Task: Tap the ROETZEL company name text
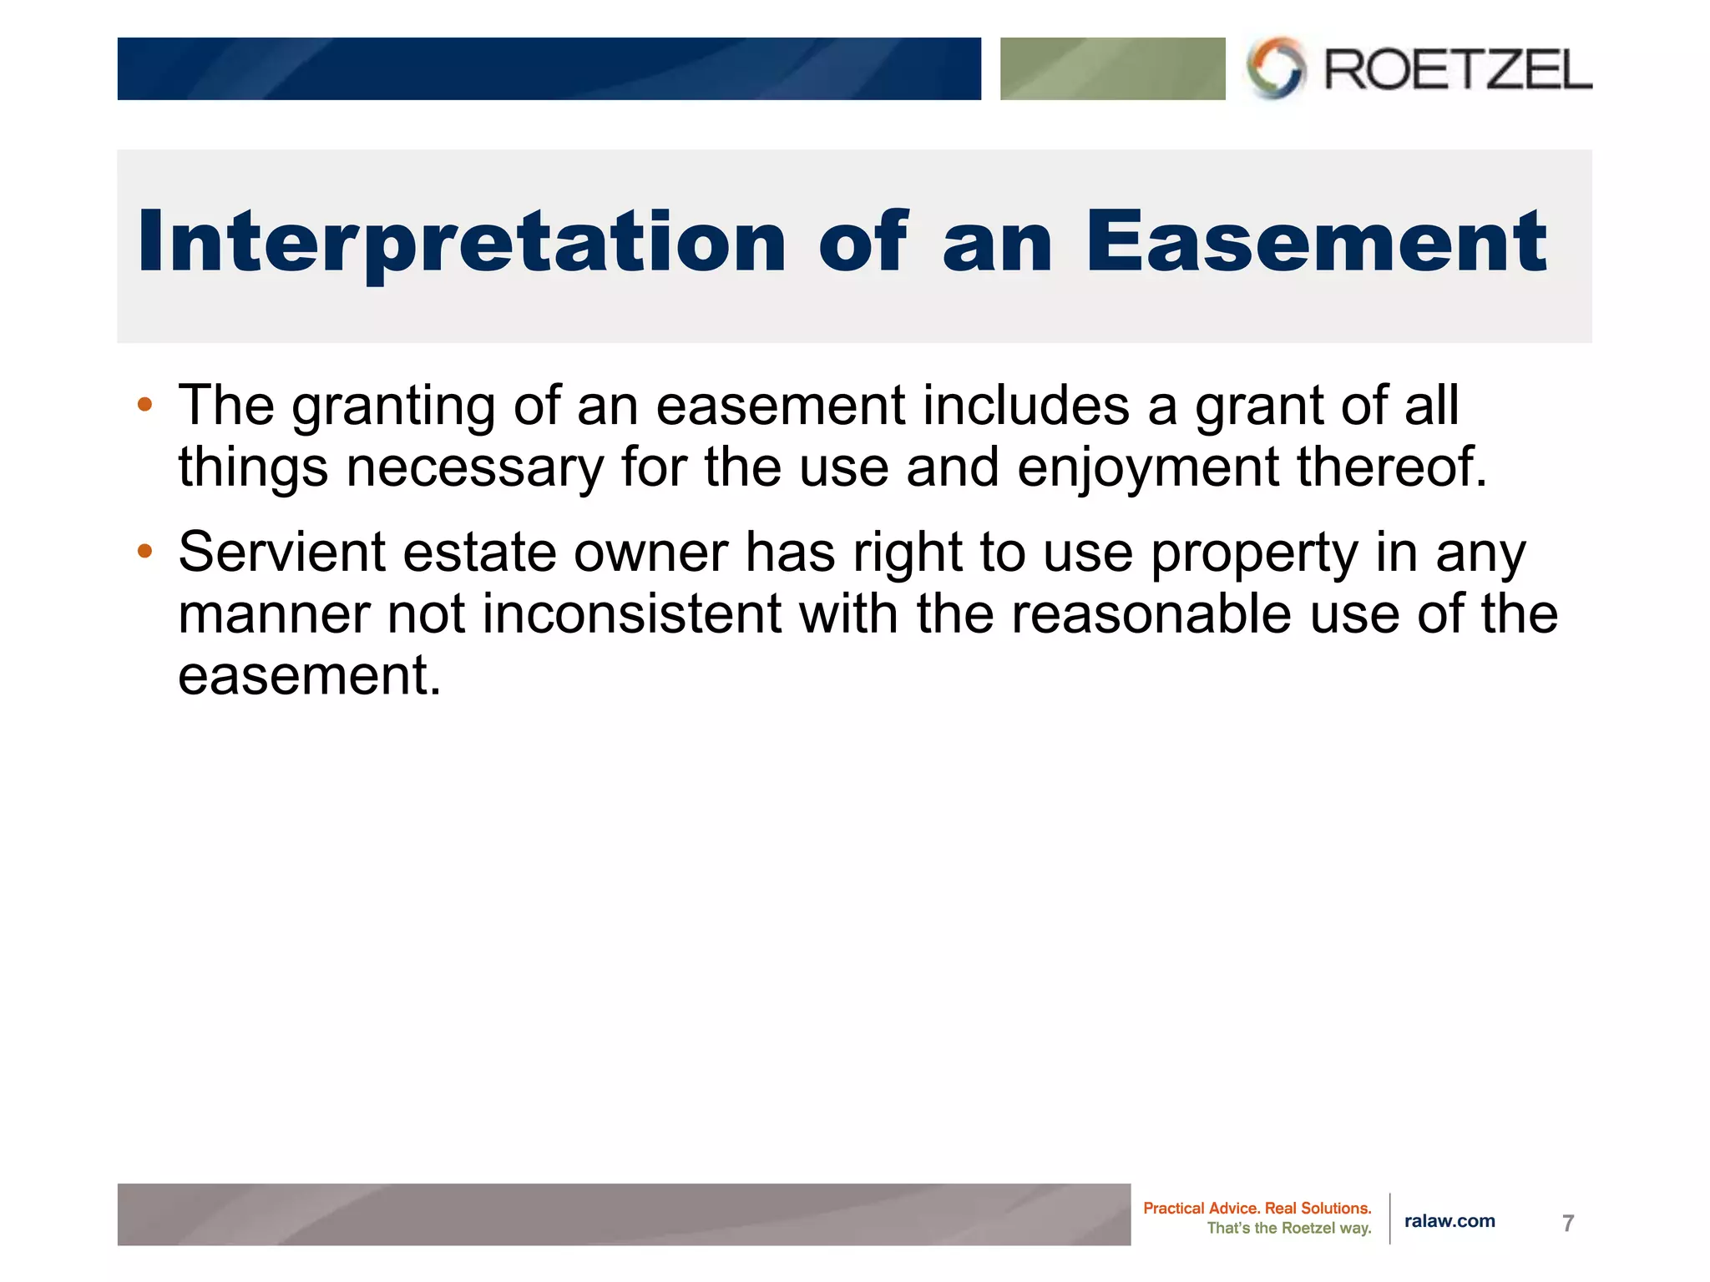1458,69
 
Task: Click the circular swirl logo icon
1275,68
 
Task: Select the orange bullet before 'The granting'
145,406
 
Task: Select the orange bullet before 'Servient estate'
145,551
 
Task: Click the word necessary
474,467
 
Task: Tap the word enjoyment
1148,467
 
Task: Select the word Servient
281,552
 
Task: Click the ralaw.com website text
1449,1221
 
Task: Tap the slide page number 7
1567,1223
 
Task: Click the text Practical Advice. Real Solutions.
1257,1208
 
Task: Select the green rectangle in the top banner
1112,68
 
